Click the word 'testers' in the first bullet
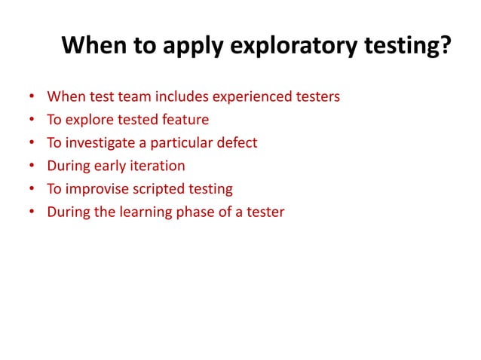tap(317, 97)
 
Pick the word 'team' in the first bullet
tap(132, 97)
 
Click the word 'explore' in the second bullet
tap(90, 120)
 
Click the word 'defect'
tap(238, 143)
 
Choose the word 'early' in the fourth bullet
tap(114, 166)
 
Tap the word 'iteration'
tap(160, 166)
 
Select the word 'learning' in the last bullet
tap(146, 212)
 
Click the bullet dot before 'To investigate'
tap(31, 143)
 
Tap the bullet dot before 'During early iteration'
tap(31, 166)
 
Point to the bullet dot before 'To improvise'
tap(31, 189)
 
